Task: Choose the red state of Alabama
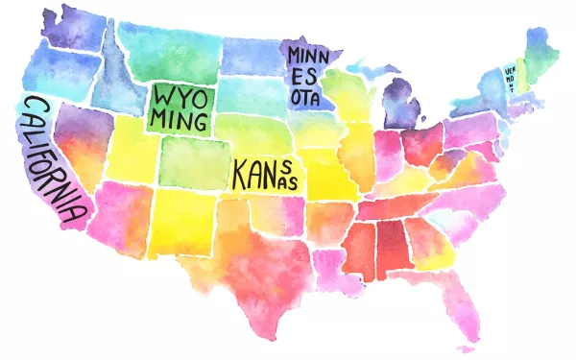tap(392, 246)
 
